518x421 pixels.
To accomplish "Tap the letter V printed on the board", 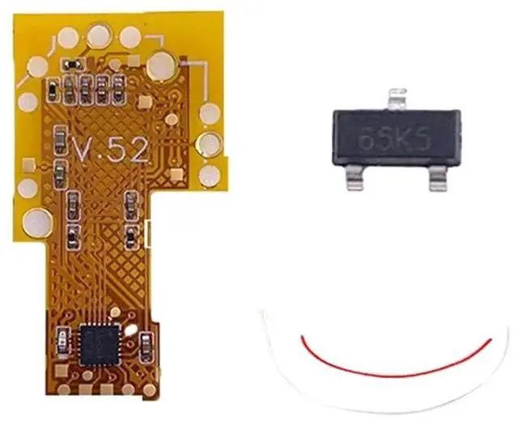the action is (83, 148).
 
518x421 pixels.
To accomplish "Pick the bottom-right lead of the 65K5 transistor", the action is (438, 176).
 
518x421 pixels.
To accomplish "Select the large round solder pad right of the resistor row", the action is (162, 62).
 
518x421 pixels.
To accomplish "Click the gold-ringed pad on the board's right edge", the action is (210, 145).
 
